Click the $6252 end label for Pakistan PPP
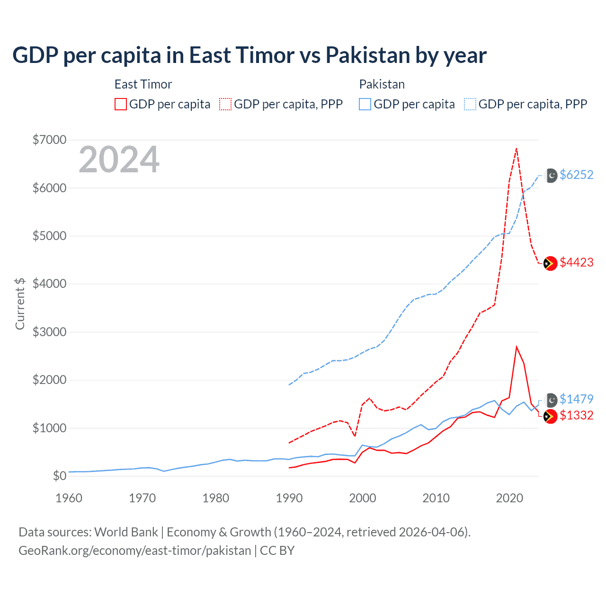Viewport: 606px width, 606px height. pos(576,175)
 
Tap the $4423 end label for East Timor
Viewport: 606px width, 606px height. pos(576,262)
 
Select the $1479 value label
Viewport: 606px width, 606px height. pos(576,399)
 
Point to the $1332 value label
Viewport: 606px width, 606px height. pos(576,415)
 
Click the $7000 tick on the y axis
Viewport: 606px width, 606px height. pos(49,140)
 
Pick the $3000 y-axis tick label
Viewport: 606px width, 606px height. pos(49,332)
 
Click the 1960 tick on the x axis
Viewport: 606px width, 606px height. pos(69,498)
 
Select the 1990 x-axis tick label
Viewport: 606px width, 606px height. pos(289,498)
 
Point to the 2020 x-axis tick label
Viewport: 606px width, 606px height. pos(509,498)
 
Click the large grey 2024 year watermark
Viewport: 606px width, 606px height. pos(119,160)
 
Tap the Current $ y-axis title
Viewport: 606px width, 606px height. pos(20,303)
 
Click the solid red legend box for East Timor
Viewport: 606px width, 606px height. pos(121,104)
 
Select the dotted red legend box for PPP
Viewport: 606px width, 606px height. pos(225,104)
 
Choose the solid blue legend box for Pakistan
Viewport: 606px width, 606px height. pos(365,104)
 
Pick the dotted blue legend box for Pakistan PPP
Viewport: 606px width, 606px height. pos(470,104)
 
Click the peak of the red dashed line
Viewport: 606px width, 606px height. pos(517,148)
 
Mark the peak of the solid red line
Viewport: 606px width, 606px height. pos(517,347)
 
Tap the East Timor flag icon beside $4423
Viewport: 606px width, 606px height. pos(550,263)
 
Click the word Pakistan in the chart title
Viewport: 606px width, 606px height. pos(368,55)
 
